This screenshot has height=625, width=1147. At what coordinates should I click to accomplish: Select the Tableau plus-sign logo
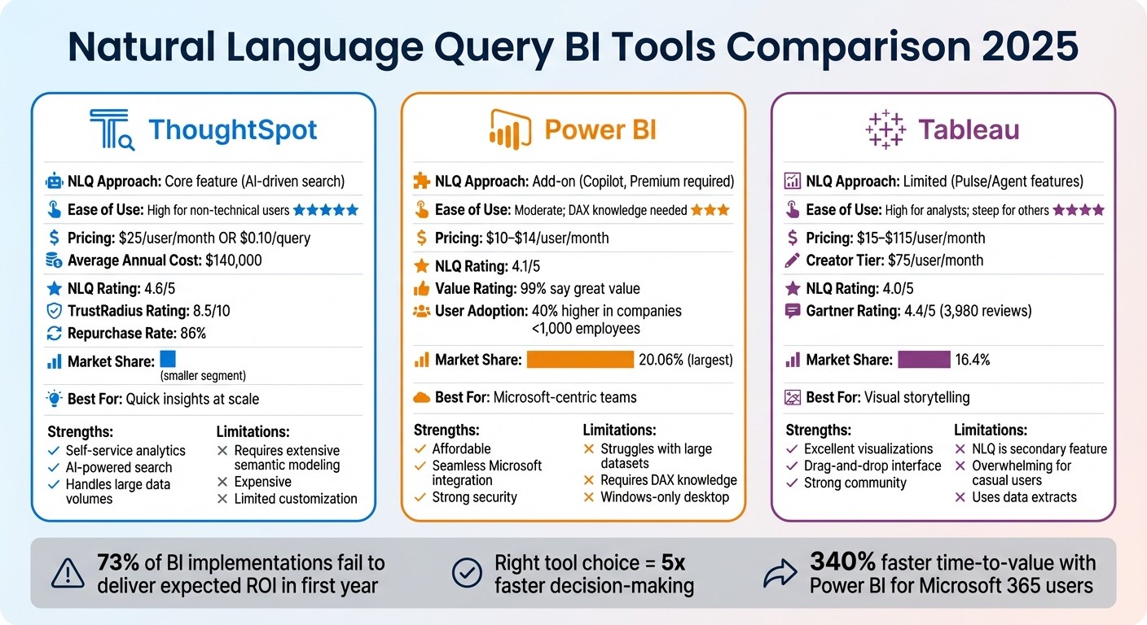(886, 130)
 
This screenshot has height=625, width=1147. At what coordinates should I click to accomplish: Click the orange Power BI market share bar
(580, 360)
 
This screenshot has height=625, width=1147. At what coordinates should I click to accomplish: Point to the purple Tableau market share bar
(924, 360)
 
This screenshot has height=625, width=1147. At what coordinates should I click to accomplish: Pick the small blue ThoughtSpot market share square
(168, 359)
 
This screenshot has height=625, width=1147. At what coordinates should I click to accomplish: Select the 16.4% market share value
(974, 360)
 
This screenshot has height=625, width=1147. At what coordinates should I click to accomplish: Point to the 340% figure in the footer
(842, 562)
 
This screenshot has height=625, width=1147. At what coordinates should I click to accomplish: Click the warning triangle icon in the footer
(68, 574)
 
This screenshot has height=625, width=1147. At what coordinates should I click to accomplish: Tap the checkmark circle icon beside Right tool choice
(466, 574)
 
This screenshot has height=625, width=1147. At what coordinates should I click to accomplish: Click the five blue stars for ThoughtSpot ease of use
(325, 210)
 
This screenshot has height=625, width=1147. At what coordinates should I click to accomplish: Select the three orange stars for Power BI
(710, 210)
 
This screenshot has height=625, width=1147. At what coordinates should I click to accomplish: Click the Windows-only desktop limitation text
(665, 497)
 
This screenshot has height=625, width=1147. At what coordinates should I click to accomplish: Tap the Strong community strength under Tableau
(855, 483)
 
